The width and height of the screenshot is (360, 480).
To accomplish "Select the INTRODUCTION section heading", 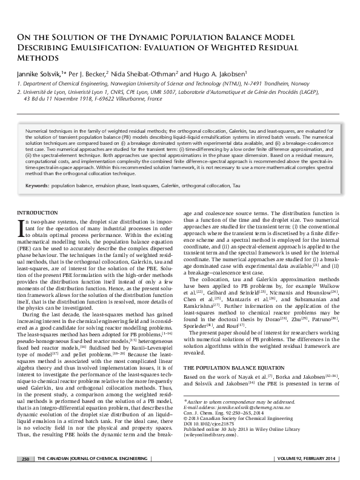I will (37, 212).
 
